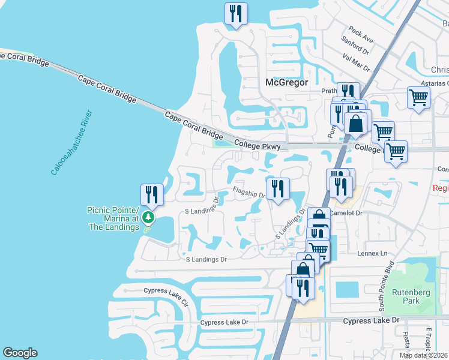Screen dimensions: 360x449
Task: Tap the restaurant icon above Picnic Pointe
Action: point(151,194)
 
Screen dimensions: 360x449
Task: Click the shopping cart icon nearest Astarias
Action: point(418,97)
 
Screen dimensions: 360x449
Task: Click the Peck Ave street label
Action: point(361,35)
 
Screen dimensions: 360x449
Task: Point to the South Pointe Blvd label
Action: point(381,294)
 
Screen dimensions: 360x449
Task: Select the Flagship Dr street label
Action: point(249,193)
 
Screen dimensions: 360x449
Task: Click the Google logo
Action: point(20,353)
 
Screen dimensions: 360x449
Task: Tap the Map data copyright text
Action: point(423,355)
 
